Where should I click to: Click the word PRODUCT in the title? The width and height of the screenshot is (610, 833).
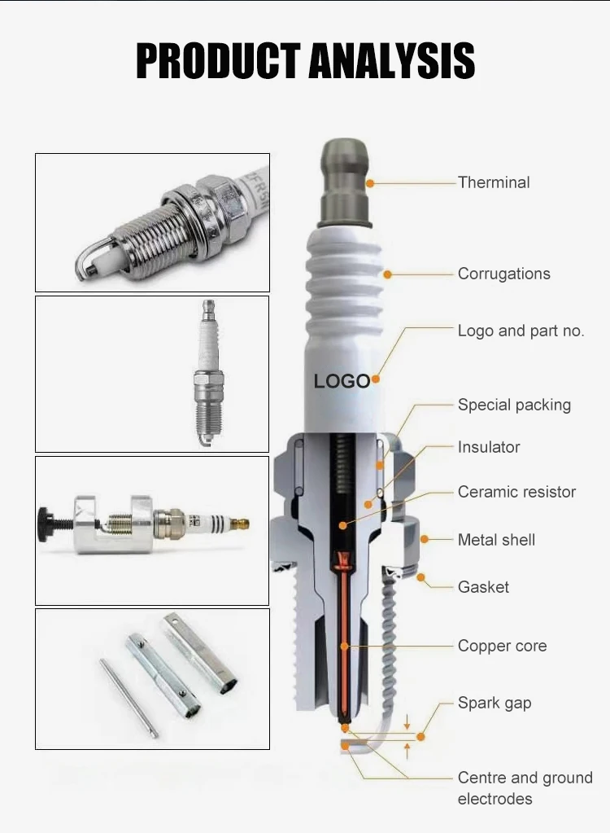point(218,60)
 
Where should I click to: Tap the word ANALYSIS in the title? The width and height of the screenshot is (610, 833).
point(391,60)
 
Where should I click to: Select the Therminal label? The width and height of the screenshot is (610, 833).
point(494,182)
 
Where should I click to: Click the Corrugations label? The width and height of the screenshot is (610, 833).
point(504,274)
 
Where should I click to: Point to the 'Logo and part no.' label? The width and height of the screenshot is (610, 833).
point(521,331)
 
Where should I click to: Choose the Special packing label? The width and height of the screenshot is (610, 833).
point(515,405)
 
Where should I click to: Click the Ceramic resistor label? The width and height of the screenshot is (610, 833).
point(516,492)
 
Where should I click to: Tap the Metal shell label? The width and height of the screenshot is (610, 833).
point(496,540)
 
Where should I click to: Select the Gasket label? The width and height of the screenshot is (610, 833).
point(483,587)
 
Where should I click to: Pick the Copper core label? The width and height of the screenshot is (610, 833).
point(503,646)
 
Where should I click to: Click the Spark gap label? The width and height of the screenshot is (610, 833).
point(495,704)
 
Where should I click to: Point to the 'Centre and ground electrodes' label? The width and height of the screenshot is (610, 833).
point(525,788)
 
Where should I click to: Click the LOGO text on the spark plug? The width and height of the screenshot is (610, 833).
point(342,381)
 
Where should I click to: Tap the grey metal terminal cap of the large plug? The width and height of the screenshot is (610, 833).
point(346,182)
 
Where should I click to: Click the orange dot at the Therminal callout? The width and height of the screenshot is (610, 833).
point(370,182)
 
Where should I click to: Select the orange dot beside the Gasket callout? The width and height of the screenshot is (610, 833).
point(420,577)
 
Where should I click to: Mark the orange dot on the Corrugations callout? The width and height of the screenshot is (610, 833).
point(388,274)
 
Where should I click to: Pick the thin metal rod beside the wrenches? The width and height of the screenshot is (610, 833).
point(129,698)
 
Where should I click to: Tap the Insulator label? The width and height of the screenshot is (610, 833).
point(489,447)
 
